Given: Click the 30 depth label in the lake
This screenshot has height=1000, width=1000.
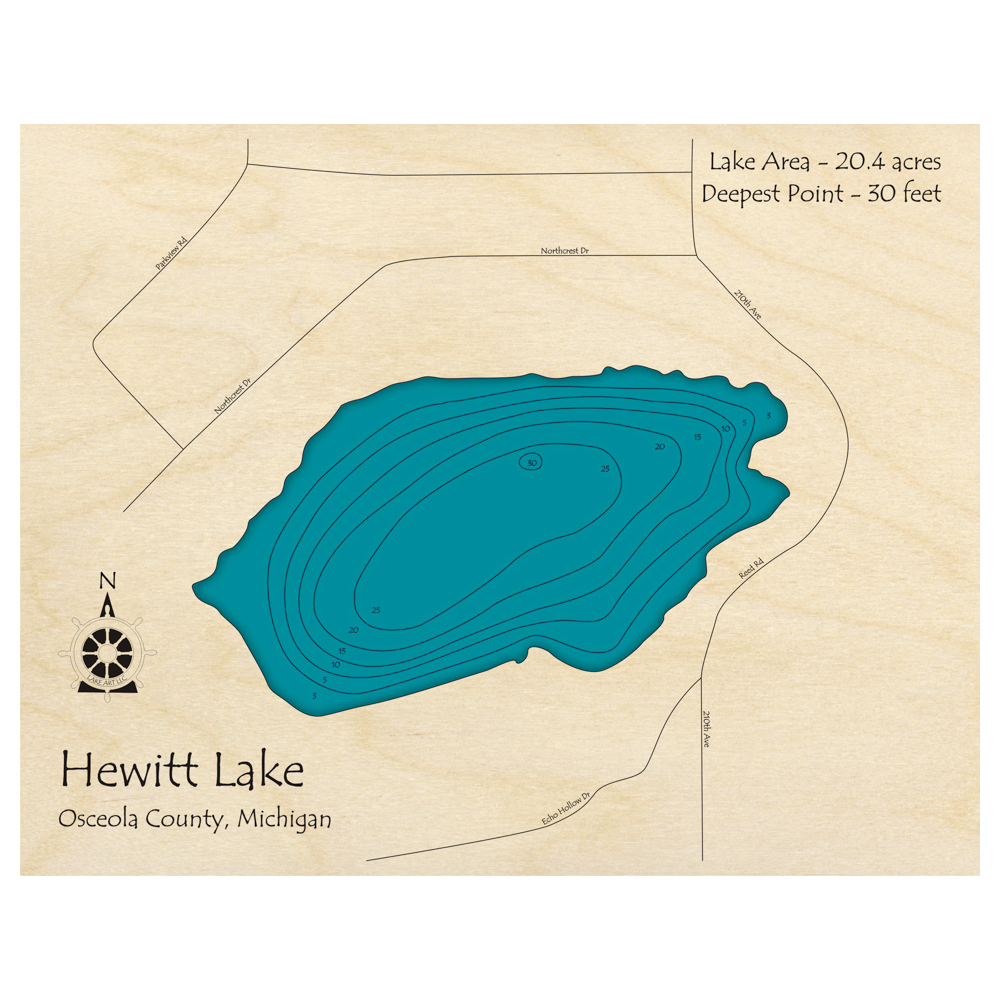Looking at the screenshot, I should [531, 462].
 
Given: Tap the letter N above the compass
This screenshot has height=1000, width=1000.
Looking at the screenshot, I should [108, 581].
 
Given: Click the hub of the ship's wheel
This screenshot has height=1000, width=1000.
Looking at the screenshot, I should [107, 653].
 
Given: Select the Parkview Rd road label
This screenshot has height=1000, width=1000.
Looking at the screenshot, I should [171, 254].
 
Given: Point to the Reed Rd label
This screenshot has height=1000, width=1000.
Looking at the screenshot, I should [751, 569].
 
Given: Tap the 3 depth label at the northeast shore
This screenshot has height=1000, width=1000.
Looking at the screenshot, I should [768, 415].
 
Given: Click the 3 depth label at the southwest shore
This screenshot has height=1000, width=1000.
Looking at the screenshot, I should [314, 695].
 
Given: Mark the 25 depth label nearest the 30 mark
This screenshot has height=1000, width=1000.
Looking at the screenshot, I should [605, 468].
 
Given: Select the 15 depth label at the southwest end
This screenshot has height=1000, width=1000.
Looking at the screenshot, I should [342, 651].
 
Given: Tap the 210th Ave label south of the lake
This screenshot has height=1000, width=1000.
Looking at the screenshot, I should [707, 731].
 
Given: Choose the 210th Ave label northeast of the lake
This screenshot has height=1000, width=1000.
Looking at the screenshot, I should [748, 304].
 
